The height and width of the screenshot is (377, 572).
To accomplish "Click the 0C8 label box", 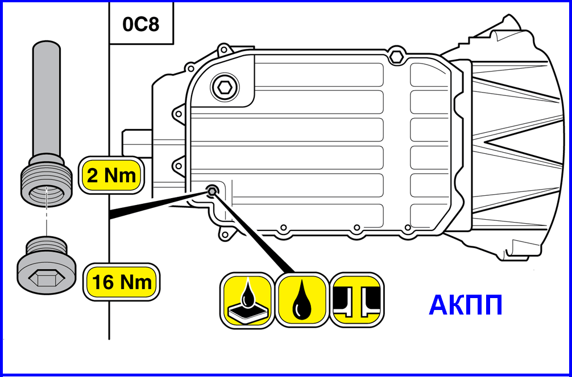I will tap(140, 25).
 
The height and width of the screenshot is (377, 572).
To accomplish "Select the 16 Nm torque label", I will tap(122, 281).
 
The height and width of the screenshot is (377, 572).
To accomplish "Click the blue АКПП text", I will tap(465, 305).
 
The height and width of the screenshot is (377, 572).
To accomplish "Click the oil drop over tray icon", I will tap(247, 299).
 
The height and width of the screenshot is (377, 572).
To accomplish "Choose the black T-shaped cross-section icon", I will tap(357, 299).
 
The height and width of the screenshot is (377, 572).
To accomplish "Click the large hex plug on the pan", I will tap(222, 87).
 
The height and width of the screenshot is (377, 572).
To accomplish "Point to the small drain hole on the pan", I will tap(212, 191).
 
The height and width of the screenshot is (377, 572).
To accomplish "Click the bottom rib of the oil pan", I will tap(307, 216).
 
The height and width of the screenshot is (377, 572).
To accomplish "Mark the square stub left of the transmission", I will tap(136, 145).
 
